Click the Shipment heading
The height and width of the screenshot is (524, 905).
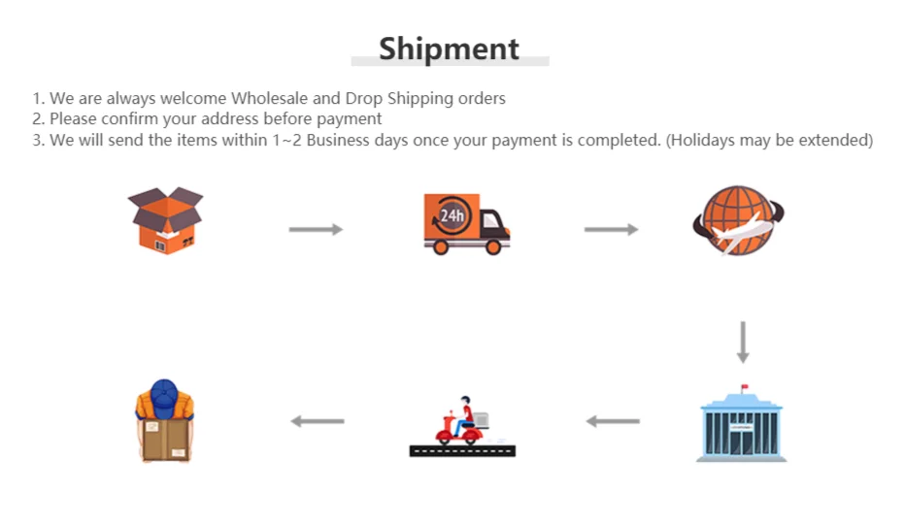pyautogui.click(x=449, y=49)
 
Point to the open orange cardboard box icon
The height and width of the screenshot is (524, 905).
pyautogui.click(x=165, y=220)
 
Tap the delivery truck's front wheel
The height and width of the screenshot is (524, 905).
pyautogui.click(x=492, y=246)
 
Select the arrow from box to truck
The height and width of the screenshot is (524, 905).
pyautogui.click(x=316, y=229)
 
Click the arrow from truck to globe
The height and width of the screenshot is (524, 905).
pyautogui.click(x=611, y=229)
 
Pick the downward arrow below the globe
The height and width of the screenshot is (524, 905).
pyautogui.click(x=744, y=342)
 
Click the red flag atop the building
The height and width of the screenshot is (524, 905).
pyautogui.click(x=746, y=389)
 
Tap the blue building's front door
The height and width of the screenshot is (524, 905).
pyautogui.click(x=742, y=442)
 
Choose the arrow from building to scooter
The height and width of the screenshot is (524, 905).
pyautogui.click(x=613, y=421)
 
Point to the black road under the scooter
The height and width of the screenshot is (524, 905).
pyautogui.click(x=462, y=450)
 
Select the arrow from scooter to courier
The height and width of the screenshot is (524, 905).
pyautogui.click(x=318, y=421)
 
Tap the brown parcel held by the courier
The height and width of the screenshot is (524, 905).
pyautogui.click(x=165, y=439)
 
